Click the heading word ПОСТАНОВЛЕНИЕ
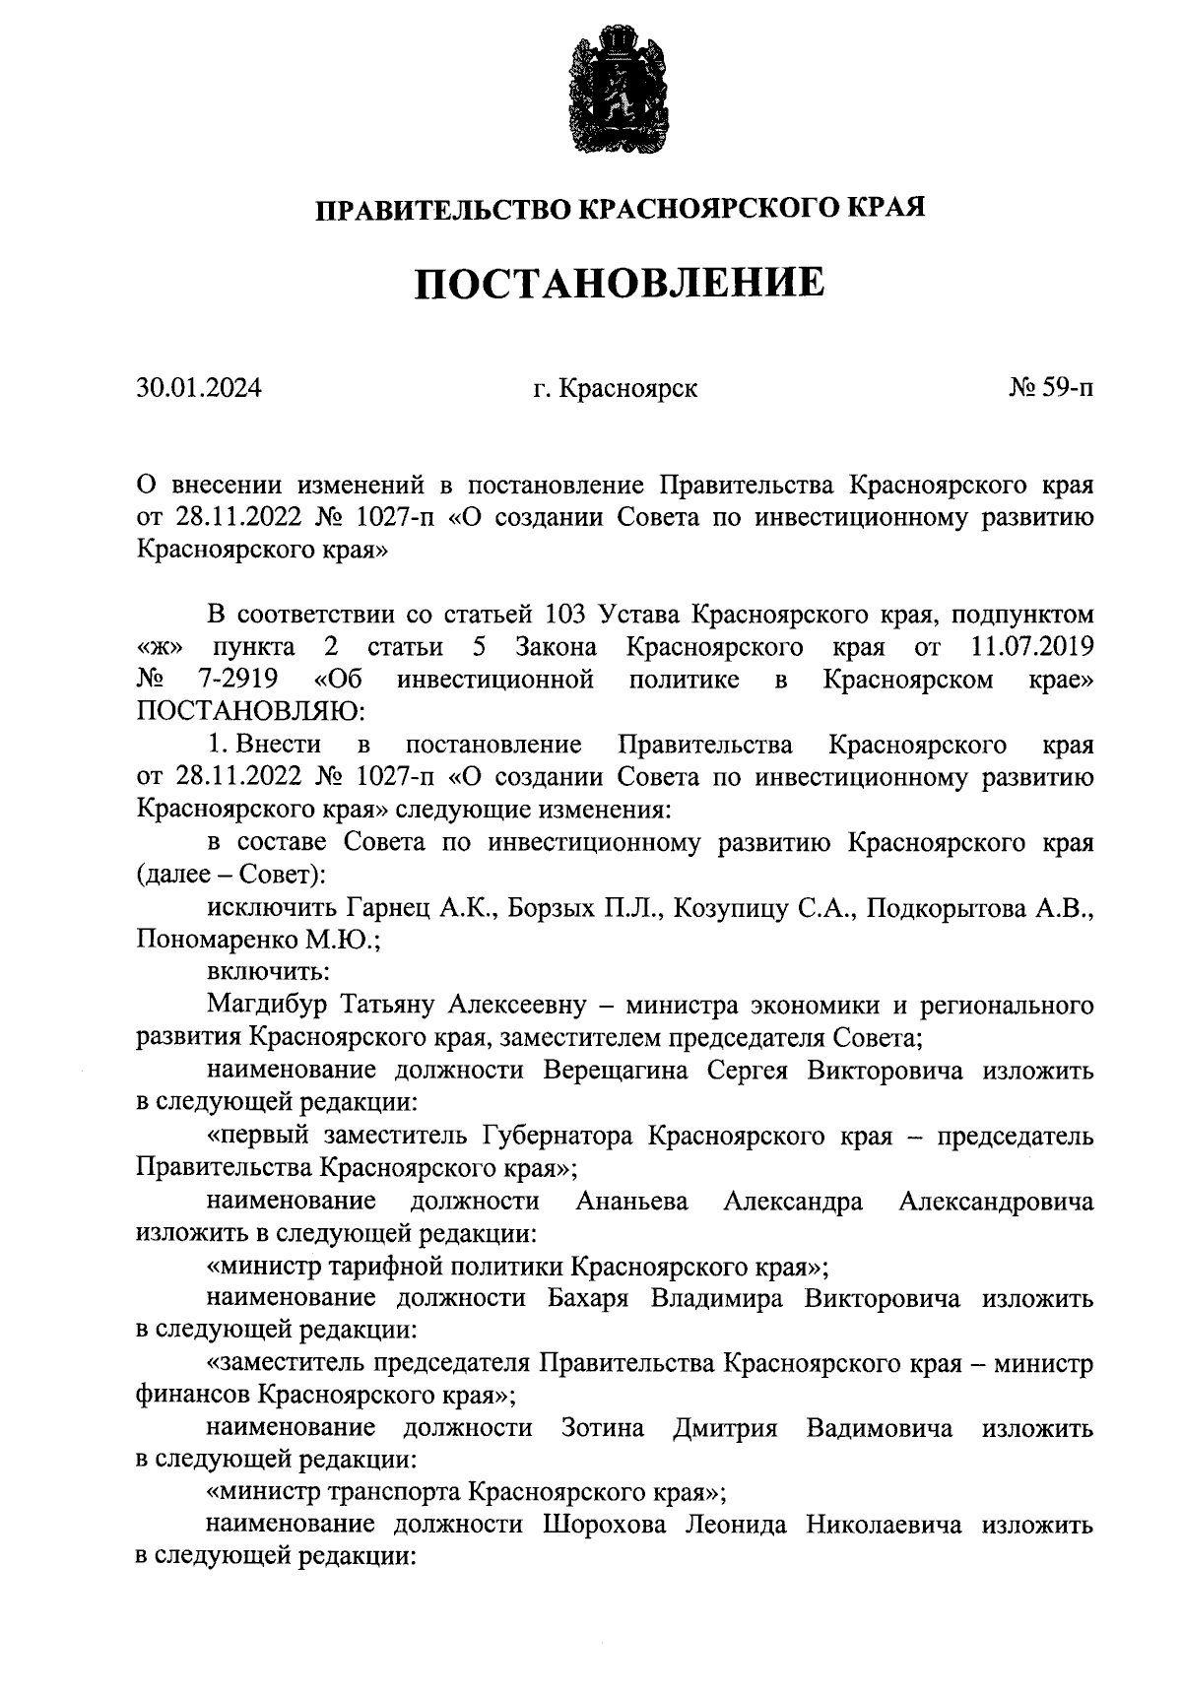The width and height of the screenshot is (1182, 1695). [x=618, y=284]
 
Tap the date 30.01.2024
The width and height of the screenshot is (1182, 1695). [x=199, y=388]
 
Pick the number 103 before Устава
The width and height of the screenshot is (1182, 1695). [x=566, y=616]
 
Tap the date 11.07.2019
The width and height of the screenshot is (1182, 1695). [x=1032, y=647]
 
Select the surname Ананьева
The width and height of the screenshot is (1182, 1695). [x=631, y=1201]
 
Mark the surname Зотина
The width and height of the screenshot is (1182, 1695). [x=603, y=1428]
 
